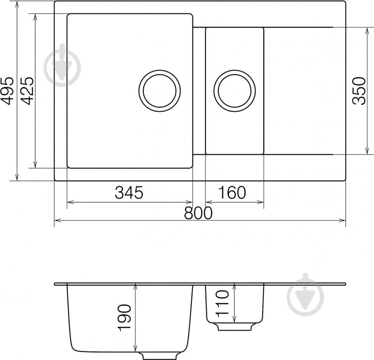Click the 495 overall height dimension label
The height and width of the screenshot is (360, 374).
pyautogui.click(x=7, y=91)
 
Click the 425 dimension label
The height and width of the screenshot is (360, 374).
pyautogui.click(x=27, y=91)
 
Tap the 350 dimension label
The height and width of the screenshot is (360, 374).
pyautogui.click(x=359, y=91)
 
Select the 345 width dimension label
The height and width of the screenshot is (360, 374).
pyautogui.click(x=129, y=193)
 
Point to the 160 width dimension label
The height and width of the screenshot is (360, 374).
pyautogui.click(x=232, y=193)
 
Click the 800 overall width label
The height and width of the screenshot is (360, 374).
pyautogui.click(x=198, y=213)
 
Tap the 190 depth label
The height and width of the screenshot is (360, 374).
pyautogui.click(x=125, y=317)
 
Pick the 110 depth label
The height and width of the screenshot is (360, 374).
pyautogui.click(x=222, y=303)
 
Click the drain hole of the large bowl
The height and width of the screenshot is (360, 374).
pyautogui.click(x=160, y=91)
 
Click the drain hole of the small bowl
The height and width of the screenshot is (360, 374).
pyautogui.click(x=235, y=91)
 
